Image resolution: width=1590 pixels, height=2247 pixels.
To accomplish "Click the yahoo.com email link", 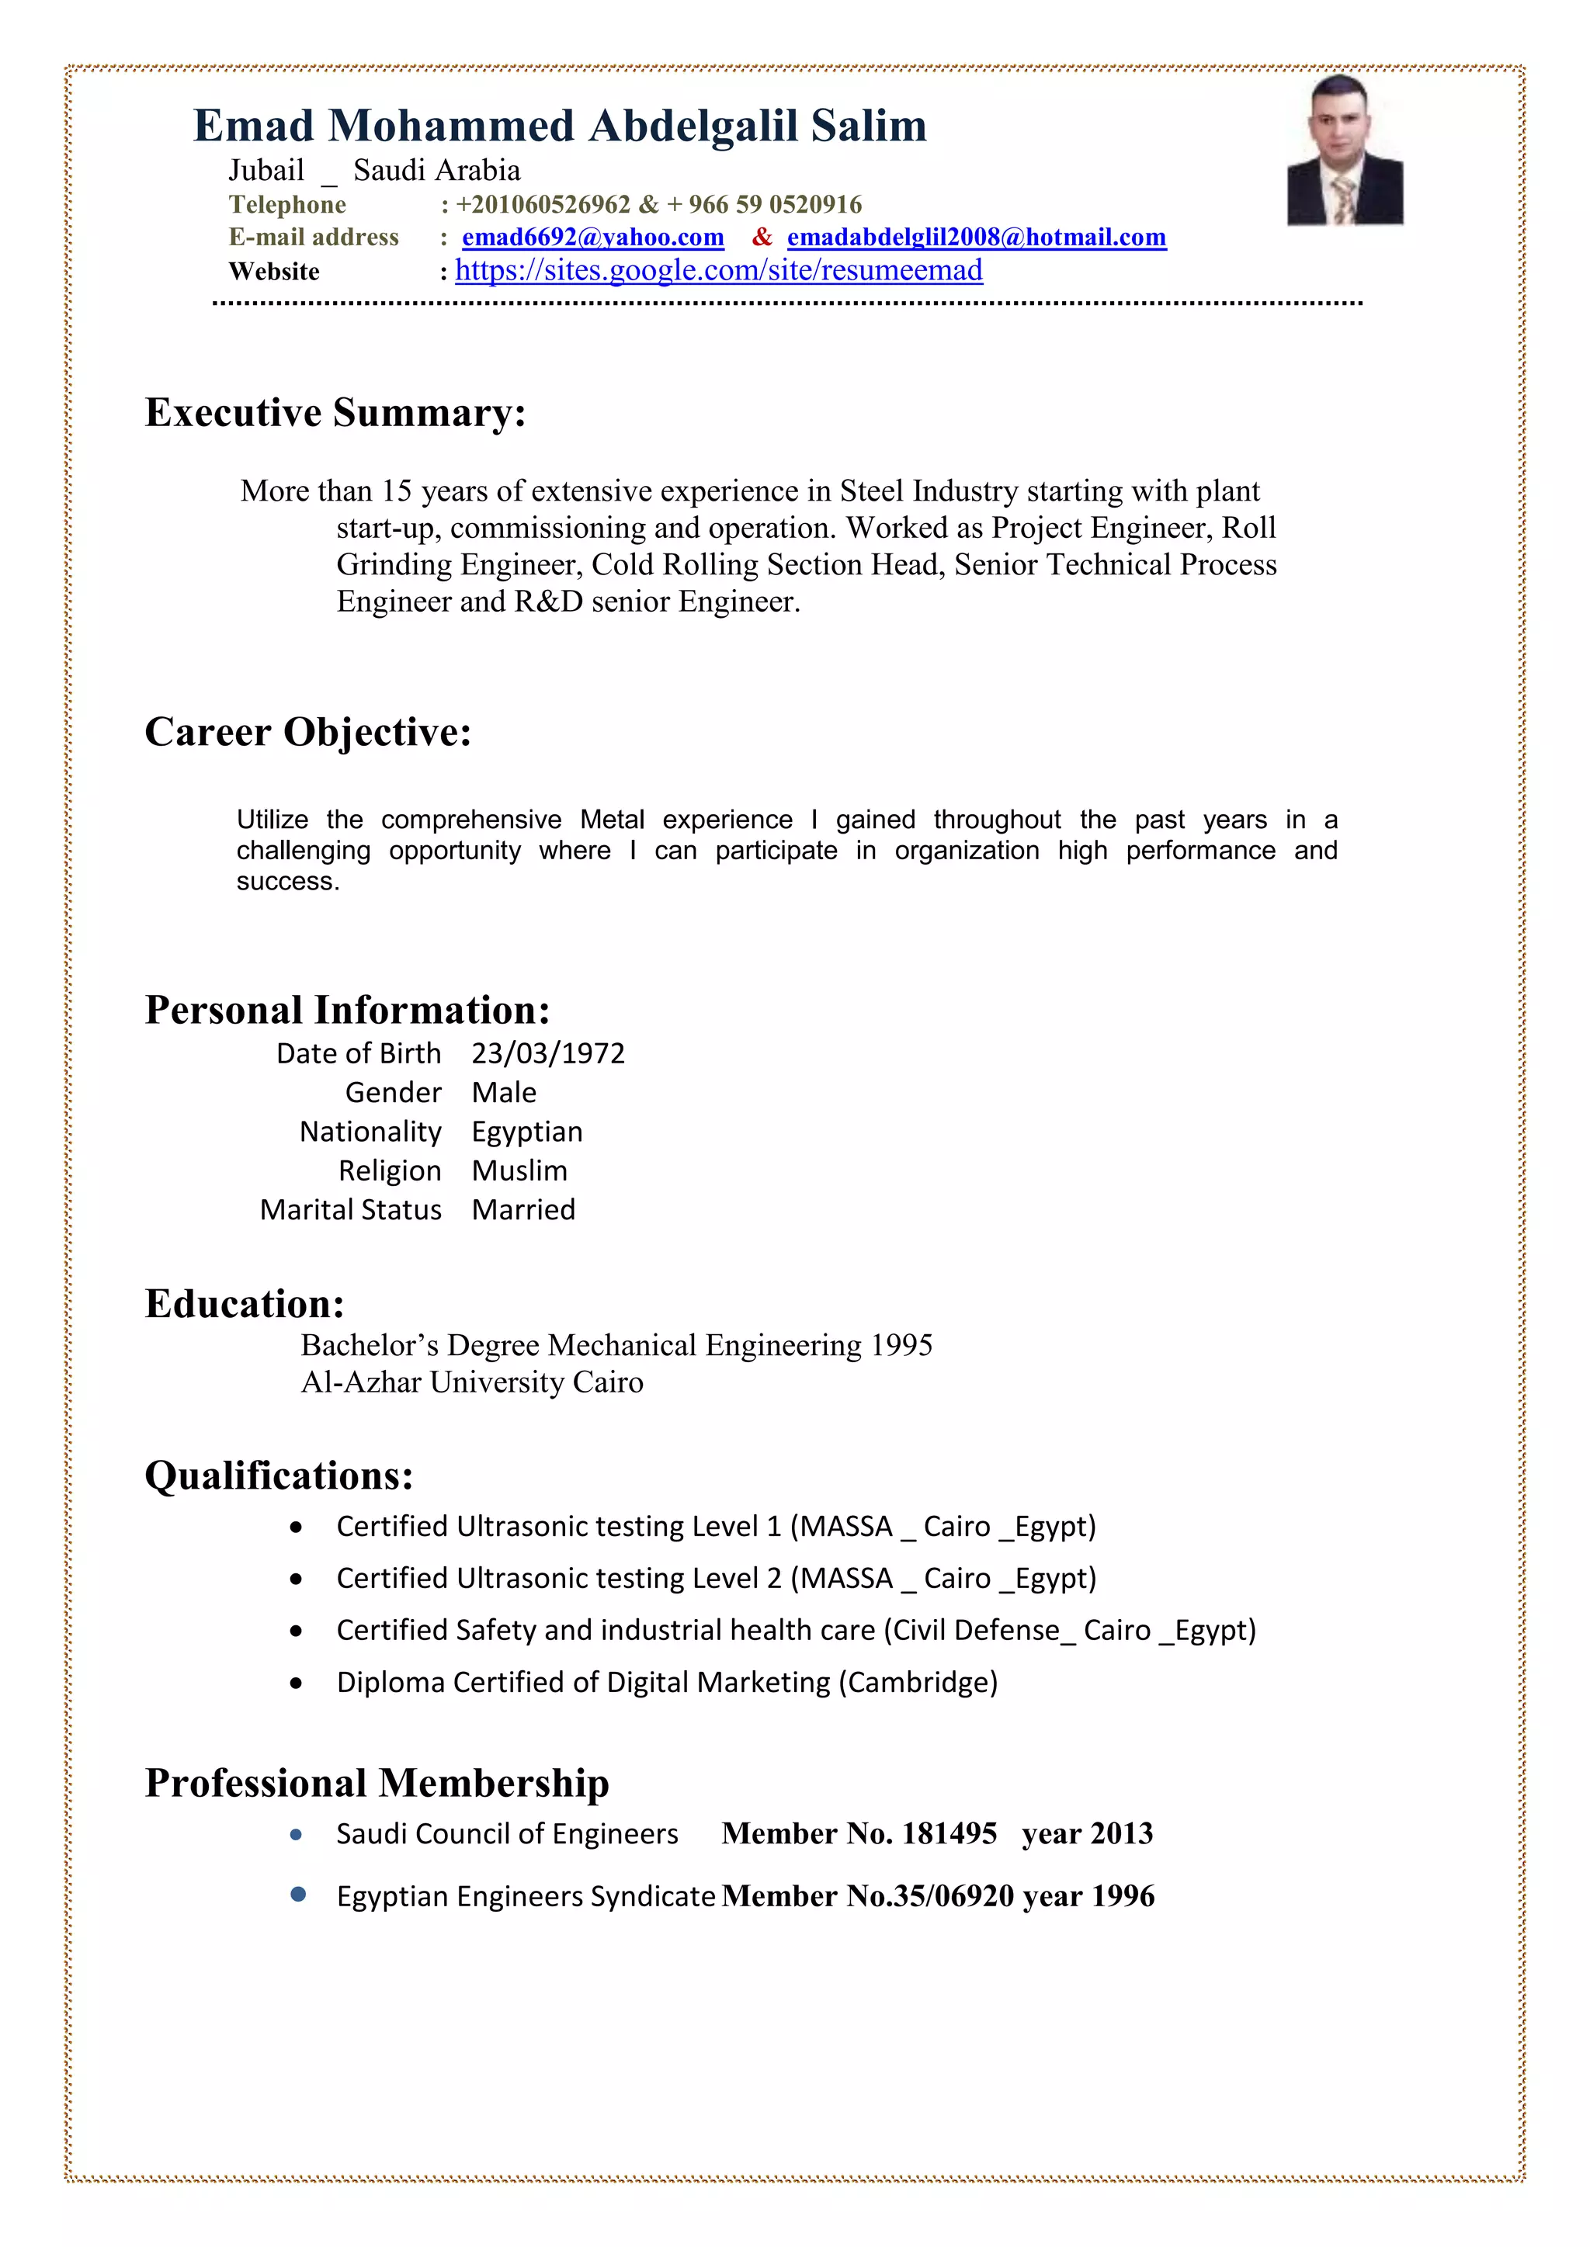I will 592,237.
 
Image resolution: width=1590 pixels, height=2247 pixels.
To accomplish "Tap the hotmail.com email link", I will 976,237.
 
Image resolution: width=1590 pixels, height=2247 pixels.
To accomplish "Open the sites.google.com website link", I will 719,270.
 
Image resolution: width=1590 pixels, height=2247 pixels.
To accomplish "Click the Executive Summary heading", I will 335,412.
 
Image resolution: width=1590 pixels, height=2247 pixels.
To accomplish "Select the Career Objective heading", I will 307,731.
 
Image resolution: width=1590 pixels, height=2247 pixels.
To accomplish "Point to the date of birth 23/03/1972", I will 547,1053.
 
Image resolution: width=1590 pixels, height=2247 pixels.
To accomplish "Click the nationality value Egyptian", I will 526,1132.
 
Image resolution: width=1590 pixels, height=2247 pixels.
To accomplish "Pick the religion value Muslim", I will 519,1170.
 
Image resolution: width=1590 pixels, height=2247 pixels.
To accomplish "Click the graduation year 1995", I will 901,1346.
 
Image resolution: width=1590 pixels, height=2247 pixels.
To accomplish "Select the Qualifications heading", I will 279,1475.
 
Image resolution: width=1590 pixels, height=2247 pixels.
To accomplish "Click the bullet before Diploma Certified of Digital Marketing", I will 296,1684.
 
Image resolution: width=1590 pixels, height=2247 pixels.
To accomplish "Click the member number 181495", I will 949,1833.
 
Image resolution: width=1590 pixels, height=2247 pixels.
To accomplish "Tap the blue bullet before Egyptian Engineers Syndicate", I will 297,1895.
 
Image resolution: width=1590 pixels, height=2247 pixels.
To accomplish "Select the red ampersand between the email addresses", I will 762,237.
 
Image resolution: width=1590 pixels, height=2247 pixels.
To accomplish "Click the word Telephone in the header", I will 286,205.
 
